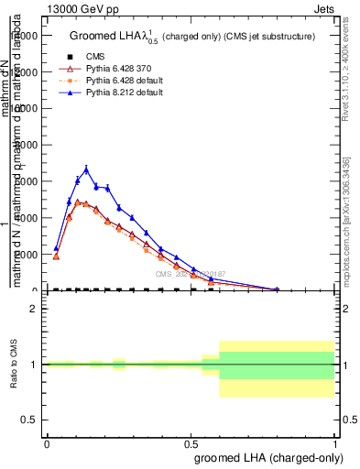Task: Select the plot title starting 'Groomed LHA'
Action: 192,37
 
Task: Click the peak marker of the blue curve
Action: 86,169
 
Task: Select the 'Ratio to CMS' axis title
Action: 14,365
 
